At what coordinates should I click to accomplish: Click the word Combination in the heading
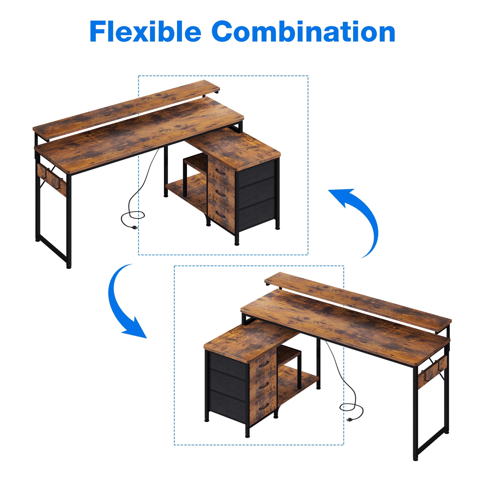click(x=303, y=31)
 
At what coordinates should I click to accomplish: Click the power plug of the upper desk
click(x=134, y=227)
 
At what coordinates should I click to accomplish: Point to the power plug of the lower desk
click(x=350, y=420)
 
